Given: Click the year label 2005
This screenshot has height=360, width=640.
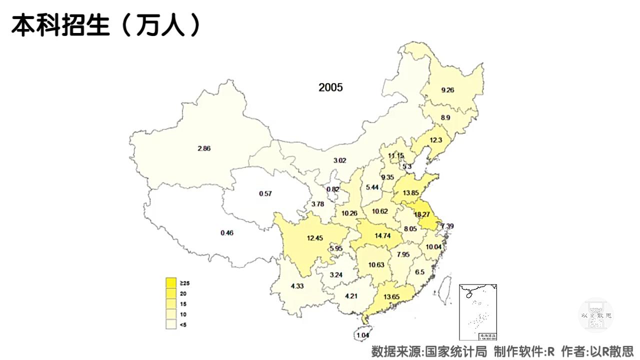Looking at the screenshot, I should [x=330, y=87].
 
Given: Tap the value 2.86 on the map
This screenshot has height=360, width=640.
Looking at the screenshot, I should [x=204, y=148].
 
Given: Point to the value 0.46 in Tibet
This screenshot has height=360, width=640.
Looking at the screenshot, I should [x=227, y=233].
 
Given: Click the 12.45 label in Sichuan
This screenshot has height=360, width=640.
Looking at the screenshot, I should [x=314, y=238].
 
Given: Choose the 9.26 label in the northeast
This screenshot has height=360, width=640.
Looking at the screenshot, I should [x=447, y=90].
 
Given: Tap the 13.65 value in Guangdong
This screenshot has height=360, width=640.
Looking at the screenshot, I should [x=391, y=297].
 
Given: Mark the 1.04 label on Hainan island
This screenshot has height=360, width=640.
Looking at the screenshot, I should [x=362, y=335].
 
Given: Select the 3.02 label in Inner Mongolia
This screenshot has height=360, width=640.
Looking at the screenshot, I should [x=339, y=161].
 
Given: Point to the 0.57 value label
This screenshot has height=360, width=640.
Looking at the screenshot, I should [x=265, y=193].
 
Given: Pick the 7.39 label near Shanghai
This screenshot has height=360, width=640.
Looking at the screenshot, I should [x=447, y=226].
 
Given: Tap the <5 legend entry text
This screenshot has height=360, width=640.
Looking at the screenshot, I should [x=183, y=325].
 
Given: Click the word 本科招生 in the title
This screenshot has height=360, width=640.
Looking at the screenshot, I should [x=60, y=25].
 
